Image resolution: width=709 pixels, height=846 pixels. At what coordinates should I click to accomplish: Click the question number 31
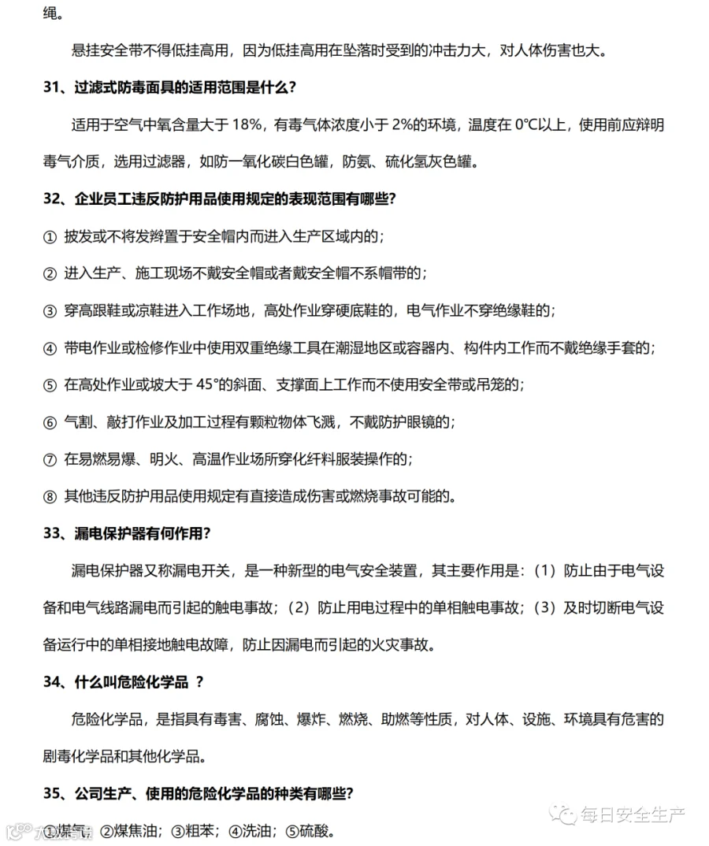tap(52, 87)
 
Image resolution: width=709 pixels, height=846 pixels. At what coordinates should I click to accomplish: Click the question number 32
tap(52, 199)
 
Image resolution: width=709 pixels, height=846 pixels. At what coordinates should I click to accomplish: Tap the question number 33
tap(52, 533)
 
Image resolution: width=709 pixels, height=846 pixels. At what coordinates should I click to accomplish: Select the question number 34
tap(52, 682)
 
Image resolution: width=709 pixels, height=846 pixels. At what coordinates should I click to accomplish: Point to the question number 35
tap(52, 794)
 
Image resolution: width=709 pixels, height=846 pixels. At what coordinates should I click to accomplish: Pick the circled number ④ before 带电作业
tap(50, 348)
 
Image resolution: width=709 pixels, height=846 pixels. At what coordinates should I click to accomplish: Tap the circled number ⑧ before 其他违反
tap(50, 496)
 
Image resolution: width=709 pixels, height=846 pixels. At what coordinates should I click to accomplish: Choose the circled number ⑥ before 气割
tap(50, 422)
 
